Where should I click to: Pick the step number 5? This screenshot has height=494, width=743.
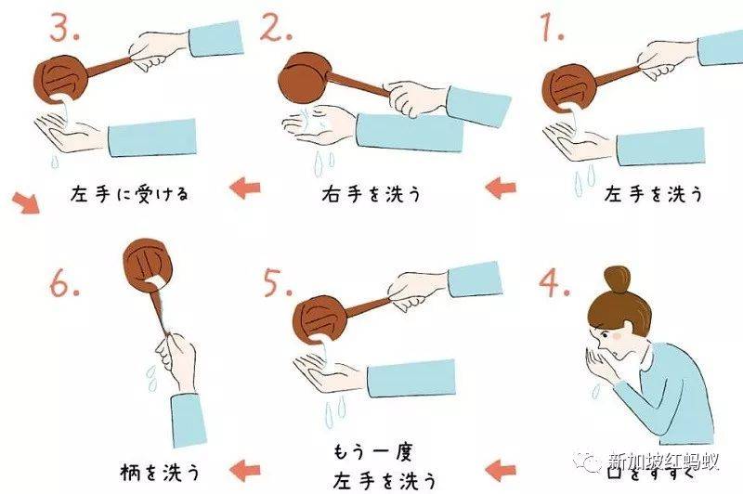(x=278, y=283)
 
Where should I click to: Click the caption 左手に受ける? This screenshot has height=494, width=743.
(x=129, y=194)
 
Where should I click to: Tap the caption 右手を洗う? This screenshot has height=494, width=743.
(x=371, y=194)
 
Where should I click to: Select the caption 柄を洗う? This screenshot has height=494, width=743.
(x=161, y=472)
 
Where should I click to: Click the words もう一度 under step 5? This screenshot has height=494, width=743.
(x=372, y=452)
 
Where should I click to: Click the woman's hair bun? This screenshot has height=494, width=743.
(x=617, y=279)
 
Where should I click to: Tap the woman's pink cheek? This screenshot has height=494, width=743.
(x=617, y=335)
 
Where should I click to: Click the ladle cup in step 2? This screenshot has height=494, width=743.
(x=303, y=78)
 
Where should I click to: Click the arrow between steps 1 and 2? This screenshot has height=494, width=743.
(x=501, y=188)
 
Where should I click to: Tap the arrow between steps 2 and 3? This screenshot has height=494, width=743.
(x=245, y=188)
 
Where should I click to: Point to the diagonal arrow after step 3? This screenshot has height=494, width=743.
(x=26, y=201)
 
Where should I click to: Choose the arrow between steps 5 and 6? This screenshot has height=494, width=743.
(x=245, y=470)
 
